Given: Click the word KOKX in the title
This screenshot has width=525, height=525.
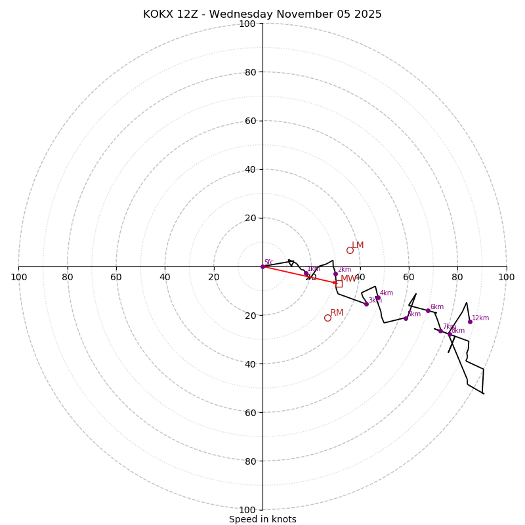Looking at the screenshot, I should pyautogui.click(x=159, y=14).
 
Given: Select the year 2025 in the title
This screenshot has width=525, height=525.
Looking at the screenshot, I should pyautogui.click(x=367, y=14).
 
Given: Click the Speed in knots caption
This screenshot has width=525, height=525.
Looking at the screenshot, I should pyautogui.click(x=262, y=519).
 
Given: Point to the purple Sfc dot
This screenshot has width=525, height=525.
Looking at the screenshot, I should pyautogui.click(x=262, y=266).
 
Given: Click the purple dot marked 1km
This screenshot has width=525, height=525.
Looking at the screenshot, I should pyautogui.click(x=306, y=274).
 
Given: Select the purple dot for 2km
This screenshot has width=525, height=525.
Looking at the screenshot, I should pyautogui.click(x=335, y=274).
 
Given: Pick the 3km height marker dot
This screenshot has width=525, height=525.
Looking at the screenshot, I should pyautogui.click(x=366, y=304).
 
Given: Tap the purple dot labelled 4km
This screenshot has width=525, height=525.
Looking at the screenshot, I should pyautogui.click(x=378, y=298).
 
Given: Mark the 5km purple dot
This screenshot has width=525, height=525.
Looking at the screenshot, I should pyautogui.click(x=406, y=318).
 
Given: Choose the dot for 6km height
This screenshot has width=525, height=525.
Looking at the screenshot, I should pyautogui.click(x=428, y=310).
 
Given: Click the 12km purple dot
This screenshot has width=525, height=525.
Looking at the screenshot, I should pyautogui.click(x=470, y=322).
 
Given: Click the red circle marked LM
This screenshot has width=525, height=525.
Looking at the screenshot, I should pyautogui.click(x=350, y=250).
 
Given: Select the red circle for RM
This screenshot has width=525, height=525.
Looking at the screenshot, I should pyautogui.click(x=327, y=318).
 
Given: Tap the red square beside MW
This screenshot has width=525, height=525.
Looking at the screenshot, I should pyautogui.click(x=339, y=283).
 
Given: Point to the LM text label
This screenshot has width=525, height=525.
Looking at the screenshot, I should pyautogui.click(x=358, y=245).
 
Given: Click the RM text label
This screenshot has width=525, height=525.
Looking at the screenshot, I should pyautogui.click(x=337, y=313).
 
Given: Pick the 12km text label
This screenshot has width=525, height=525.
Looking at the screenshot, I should pyautogui.click(x=480, y=318).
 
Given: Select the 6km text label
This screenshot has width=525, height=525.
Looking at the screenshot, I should pyautogui.click(x=437, y=307).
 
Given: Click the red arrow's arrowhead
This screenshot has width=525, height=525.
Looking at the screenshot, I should pyautogui.click(x=335, y=283).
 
